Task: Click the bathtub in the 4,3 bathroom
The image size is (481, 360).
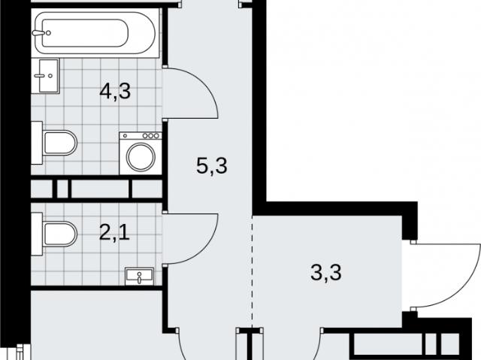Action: (95, 33)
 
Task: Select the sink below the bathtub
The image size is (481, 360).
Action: (45, 76)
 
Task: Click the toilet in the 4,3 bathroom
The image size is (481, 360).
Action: (54, 143)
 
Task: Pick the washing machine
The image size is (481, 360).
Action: (141, 153)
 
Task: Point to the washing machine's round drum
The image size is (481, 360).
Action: (141, 157)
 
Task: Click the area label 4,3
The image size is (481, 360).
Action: (115, 91)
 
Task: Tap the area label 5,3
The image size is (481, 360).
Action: (212, 166)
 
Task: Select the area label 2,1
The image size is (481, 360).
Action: (114, 233)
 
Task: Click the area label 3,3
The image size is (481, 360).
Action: (325, 273)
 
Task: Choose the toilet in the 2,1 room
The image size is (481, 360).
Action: (54, 234)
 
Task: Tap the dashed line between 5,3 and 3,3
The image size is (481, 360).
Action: (253, 271)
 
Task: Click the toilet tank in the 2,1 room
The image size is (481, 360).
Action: (37, 234)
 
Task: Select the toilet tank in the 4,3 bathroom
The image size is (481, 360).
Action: (37, 143)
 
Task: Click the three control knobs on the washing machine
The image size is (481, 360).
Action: (150, 135)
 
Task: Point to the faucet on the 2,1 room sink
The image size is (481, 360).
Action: (140, 278)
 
